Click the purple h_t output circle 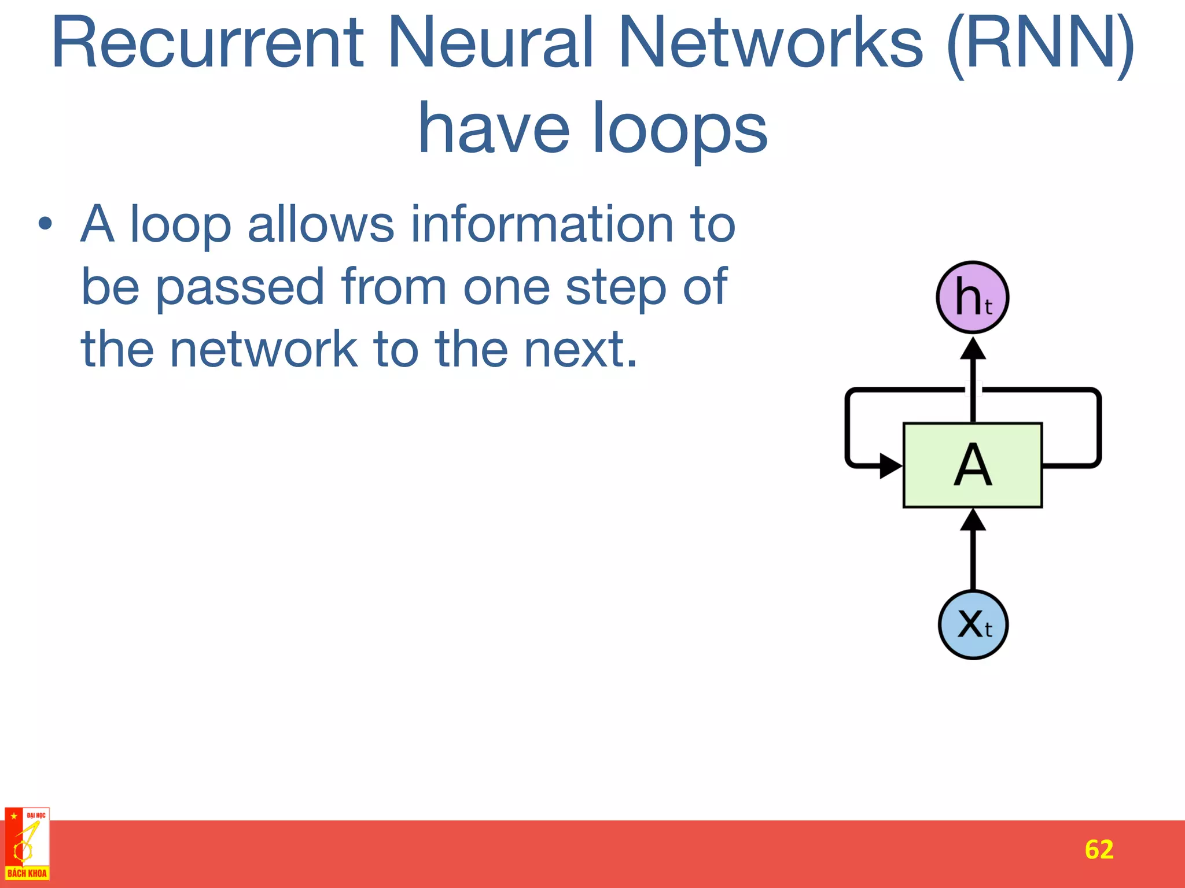pyautogui.click(x=973, y=297)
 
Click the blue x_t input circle pyautogui.click(x=973, y=624)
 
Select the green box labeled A pyautogui.click(x=973, y=465)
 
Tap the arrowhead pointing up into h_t pyautogui.click(x=973, y=349)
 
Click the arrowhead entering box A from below pyautogui.click(x=973, y=520)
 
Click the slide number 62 pyautogui.click(x=1099, y=849)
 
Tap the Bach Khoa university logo pyautogui.click(x=27, y=844)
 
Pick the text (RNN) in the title pyautogui.click(x=1040, y=43)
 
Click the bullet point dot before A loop pyautogui.click(x=46, y=224)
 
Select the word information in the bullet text pyautogui.click(x=542, y=224)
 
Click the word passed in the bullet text pyautogui.click(x=240, y=288)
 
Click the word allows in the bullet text pyautogui.click(x=321, y=224)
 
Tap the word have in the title pyautogui.click(x=494, y=128)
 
